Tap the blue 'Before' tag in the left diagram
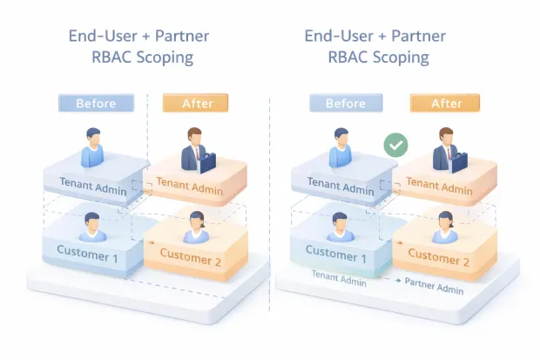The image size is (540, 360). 96,103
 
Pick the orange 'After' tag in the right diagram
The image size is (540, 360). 446,103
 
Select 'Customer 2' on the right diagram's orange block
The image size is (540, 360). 440,258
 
